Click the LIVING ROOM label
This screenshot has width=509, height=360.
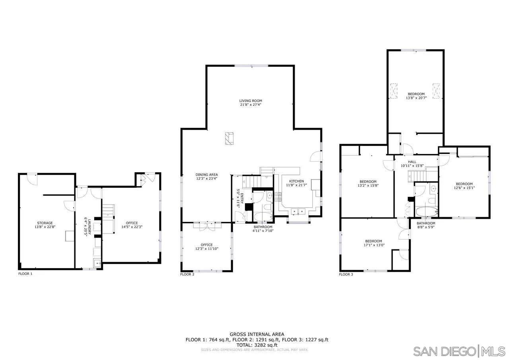(x=251, y=101)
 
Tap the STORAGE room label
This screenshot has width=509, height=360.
(x=45, y=223)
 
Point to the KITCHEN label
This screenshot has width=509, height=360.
(x=296, y=181)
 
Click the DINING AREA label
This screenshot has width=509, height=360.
(x=206, y=174)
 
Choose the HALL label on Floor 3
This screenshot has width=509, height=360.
(x=412, y=162)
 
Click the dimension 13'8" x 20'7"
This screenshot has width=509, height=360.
(x=416, y=98)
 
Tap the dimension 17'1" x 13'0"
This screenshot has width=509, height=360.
(x=373, y=245)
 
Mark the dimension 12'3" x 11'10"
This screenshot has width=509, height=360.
(x=206, y=249)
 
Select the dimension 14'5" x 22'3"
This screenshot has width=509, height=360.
(x=132, y=227)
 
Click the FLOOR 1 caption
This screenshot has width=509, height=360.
(x=25, y=274)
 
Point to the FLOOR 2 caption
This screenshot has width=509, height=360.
(x=187, y=274)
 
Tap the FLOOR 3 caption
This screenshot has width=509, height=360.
(x=346, y=274)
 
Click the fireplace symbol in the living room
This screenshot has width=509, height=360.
(x=229, y=138)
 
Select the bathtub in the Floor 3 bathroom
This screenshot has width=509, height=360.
(x=426, y=211)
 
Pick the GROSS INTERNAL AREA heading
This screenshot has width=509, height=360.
(x=257, y=334)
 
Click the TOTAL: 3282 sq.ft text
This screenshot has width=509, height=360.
(x=257, y=345)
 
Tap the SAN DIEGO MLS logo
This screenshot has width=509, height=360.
(x=459, y=351)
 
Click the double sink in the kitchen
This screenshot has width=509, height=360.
(x=297, y=212)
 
